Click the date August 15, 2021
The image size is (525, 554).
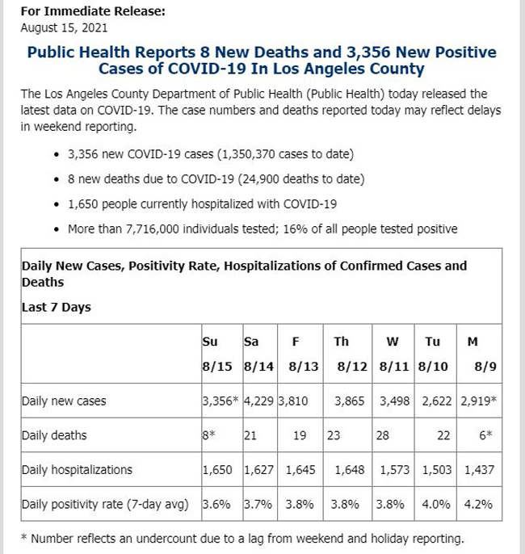click(x=64, y=28)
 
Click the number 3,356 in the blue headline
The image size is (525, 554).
click(x=368, y=52)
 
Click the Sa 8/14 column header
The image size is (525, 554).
click(x=258, y=354)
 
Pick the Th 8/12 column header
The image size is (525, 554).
click(x=351, y=354)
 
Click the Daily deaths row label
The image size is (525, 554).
click(x=54, y=435)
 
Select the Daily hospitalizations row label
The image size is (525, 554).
click(x=77, y=469)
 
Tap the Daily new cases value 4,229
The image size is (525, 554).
click(x=258, y=401)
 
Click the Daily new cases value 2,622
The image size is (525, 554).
click(x=437, y=401)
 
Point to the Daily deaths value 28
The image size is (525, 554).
click(x=383, y=435)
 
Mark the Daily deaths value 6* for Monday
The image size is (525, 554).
click(x=485, y=435)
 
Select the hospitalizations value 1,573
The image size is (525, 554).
click(x=395, y=470)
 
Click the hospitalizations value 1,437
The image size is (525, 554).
click(x=479, y=470)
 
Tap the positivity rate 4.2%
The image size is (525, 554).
click(x=478, y=504)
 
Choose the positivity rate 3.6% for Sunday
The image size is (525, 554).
click(x=216, y=504)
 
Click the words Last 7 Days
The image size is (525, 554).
click(x=57, y=308)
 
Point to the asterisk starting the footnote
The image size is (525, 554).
click(x=24, y=537)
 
